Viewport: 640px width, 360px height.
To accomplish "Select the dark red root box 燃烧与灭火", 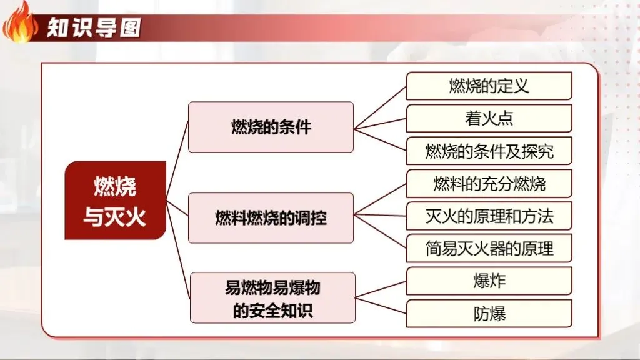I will [x=115, y=200].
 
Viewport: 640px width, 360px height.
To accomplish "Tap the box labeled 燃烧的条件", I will [x=271, y=127].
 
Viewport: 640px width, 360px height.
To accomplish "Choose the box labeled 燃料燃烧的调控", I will [x=271, y=218].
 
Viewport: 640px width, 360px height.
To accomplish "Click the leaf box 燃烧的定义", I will [x=489, y=86].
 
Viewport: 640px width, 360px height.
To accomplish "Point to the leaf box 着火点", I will [x=489, y=118].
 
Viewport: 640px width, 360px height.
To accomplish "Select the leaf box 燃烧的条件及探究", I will [x=489, y=151].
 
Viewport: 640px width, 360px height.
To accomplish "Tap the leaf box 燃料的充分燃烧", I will [x=489, y=184].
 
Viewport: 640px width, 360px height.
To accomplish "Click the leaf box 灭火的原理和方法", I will [x=489, y=216].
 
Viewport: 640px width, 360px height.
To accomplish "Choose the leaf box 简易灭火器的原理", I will [x=489, y=248].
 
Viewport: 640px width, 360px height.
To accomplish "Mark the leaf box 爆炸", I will [x=489, y=281].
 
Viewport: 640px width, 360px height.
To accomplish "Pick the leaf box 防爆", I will [x=489, y=313].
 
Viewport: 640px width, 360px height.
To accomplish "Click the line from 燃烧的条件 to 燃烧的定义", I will [x=380, y=107].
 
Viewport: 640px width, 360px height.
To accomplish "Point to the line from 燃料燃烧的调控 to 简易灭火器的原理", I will [x=380, y=232].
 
